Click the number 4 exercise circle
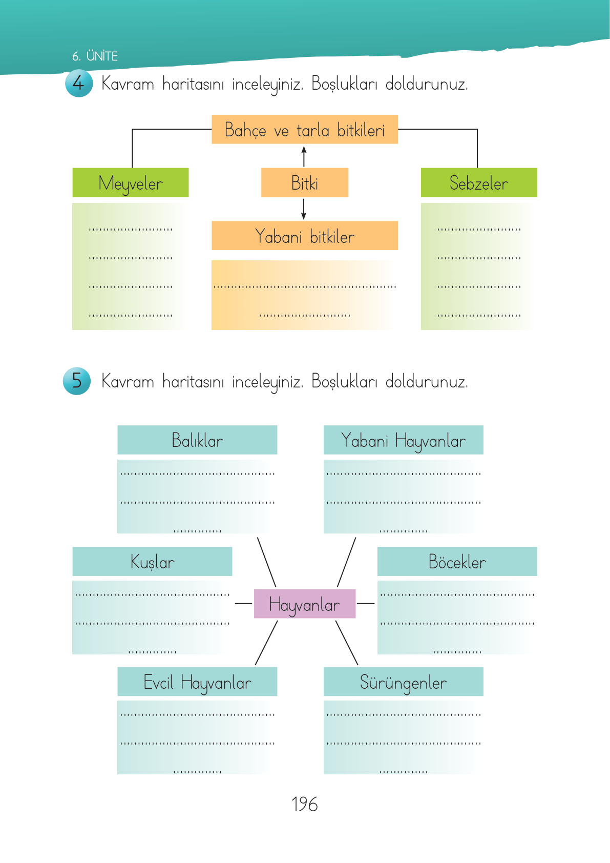pos(79,83)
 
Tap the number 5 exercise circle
pos(77,381)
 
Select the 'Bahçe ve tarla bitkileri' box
pos(304,130)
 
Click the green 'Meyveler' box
pos(131,182)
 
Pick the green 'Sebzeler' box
pos(478,182)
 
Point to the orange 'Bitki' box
pos(304,182)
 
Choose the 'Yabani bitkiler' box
pos(304,236)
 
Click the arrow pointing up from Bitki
pos(304,156)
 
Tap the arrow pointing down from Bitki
pos(304,209)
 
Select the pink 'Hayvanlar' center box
pos(304,604)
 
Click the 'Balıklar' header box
pos(197,440)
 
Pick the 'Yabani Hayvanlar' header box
pos(403,440)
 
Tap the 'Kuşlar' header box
pos(152,561)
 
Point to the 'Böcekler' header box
pos(457,561)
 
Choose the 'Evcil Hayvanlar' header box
pos(197,682)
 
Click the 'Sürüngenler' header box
pos(403,682)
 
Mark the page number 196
pos(304,804)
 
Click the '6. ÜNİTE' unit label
pos(95,56)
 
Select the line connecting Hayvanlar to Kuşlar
pos(243,604)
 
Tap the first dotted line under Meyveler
pos(131,229)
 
